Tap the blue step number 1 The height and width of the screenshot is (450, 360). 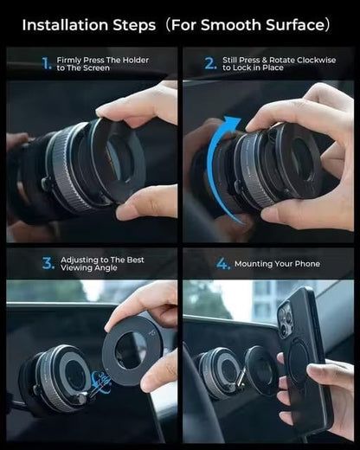pos(47,63)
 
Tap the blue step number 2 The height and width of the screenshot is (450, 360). pos(209,63)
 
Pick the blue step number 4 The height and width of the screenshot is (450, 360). pos(223,263)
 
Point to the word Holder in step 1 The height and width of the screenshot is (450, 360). pos(134,59)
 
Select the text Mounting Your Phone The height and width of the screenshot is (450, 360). pos(278,263)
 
